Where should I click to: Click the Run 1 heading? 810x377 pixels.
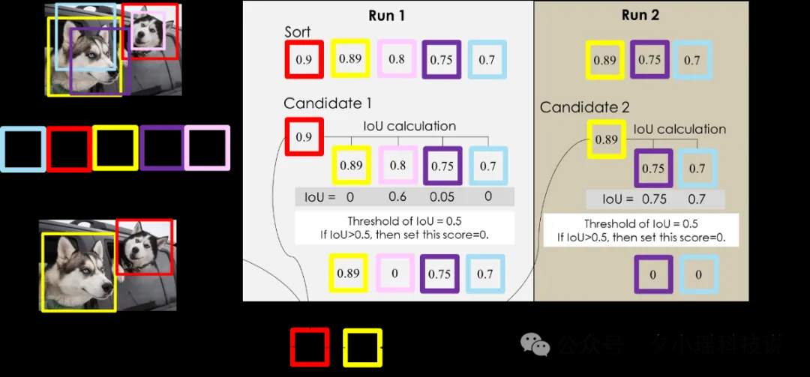(x=386, y=15)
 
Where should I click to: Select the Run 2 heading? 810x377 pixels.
(x=640, y=15)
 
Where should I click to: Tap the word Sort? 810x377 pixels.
(x=297, y=32)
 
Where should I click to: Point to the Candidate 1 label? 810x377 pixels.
(x=327, y=103)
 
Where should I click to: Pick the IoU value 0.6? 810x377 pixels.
(x=397, y=198)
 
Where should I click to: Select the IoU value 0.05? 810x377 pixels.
(x=442, y=198)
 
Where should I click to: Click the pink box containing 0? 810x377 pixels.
(x=394, y=274)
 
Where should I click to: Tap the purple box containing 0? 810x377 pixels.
(x=652, y=274)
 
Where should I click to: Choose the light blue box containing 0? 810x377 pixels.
(x=698, y=274)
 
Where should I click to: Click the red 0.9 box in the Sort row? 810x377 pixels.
(x=304, y=59)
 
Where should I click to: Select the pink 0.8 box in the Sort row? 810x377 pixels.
(x=396, y=59)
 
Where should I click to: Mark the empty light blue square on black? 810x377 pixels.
(x=22, y=148)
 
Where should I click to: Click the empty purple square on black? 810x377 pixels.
(x=161, y=148)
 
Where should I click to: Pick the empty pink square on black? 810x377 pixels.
(x=207, y=148)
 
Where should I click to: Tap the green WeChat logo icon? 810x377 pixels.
(x=535, y=344)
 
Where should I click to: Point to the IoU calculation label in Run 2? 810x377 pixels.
(x=679, y=130)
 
